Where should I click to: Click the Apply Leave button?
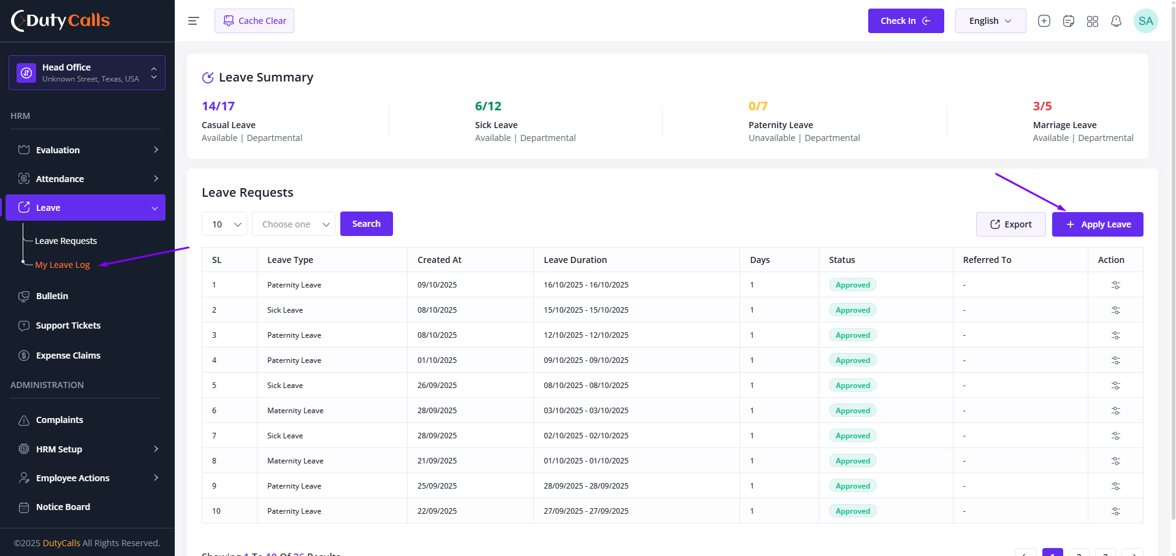click(x=1098, y=224)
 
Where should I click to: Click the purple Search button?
click(x=367, y=224)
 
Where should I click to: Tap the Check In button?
click(x=906, y=21)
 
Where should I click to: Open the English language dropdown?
click(x=990, y=21)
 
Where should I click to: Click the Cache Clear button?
click(x=254, y=21)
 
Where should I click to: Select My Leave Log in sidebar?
click(x=63, y=265)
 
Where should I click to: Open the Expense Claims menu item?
click(x=68, y=356)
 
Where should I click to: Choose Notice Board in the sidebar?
click(x=63, y=507)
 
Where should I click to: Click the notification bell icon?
click(x=1117, y=21)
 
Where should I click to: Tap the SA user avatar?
click(x=1146, y=21)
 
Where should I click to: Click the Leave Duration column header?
click(x=575, y=260)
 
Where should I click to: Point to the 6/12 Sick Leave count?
click(x=488, y=106)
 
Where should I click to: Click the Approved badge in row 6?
click(x=853, y=411)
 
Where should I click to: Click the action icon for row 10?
click(x=1116, y=511)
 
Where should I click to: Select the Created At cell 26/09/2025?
click(x=437, y=386)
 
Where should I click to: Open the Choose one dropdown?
click(x=294, y=224)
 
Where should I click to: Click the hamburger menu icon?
click(x=193, y=21)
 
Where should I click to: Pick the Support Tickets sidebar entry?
click(x=68, y=326)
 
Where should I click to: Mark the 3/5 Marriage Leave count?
click(x=1042, y=106)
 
